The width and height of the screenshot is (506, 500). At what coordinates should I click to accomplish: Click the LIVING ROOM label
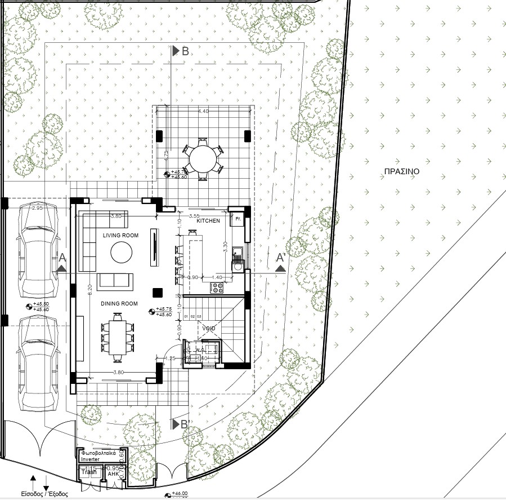coord(120,235)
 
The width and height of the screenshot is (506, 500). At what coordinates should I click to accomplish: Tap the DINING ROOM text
coord(119,304)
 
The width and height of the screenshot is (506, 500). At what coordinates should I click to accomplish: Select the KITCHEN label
coord(208,221)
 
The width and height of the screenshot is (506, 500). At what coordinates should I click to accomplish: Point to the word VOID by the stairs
coord(209,328)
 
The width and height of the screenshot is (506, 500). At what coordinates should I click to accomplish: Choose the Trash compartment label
coord(89,472)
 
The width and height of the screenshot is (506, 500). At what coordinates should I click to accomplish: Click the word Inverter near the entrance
coord(93,459)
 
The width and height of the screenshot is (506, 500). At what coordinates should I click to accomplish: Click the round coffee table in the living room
coord(122,253)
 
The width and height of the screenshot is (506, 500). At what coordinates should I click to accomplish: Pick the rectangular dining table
coord(118,337)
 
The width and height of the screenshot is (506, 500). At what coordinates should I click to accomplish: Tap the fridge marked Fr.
coord(238,218)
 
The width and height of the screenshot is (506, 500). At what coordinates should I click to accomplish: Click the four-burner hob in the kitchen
coord(217,287)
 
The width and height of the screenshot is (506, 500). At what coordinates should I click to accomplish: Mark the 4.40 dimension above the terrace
coord(203,112)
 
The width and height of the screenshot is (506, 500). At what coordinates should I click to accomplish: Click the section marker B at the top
coord(185,51)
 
